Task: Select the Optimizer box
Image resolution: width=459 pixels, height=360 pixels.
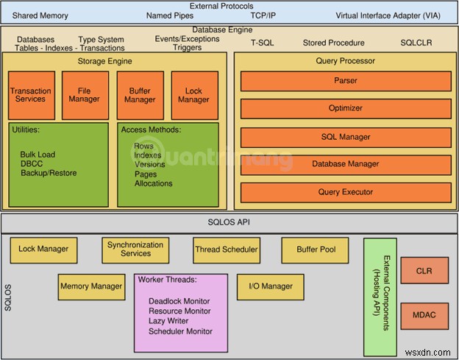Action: click(x=345, y=109)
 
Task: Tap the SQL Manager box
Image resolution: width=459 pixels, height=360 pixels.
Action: click(x=345, y=137)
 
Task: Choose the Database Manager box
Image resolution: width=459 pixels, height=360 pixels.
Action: click(x=345, y=164)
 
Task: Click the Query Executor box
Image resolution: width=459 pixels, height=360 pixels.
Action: click(x=345, y=192)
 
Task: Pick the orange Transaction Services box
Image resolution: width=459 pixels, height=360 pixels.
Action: click(x=30, y=96)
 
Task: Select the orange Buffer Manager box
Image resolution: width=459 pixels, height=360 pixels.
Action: click(x=139, y=96)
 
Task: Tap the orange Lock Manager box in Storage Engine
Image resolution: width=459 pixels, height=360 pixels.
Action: click(x=193, y=96)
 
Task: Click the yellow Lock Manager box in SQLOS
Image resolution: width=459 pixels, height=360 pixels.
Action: click(x=43, y=250)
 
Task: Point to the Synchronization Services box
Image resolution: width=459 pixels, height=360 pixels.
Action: click(x=135, y=250)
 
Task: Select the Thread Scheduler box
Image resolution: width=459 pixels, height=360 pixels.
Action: click(x=227, y=250)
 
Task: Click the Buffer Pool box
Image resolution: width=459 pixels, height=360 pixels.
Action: click(x=316, y=250)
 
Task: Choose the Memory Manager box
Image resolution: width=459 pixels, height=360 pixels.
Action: click(x=91, y=286)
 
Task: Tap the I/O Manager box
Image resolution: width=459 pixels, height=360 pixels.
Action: click(x=270, y=286)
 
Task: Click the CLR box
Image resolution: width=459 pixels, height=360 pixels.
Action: click(x=424, y=271)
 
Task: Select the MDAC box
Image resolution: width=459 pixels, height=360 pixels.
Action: click(x=424, y=316)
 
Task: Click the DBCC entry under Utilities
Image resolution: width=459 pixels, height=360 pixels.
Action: click(x=32, y=164)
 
